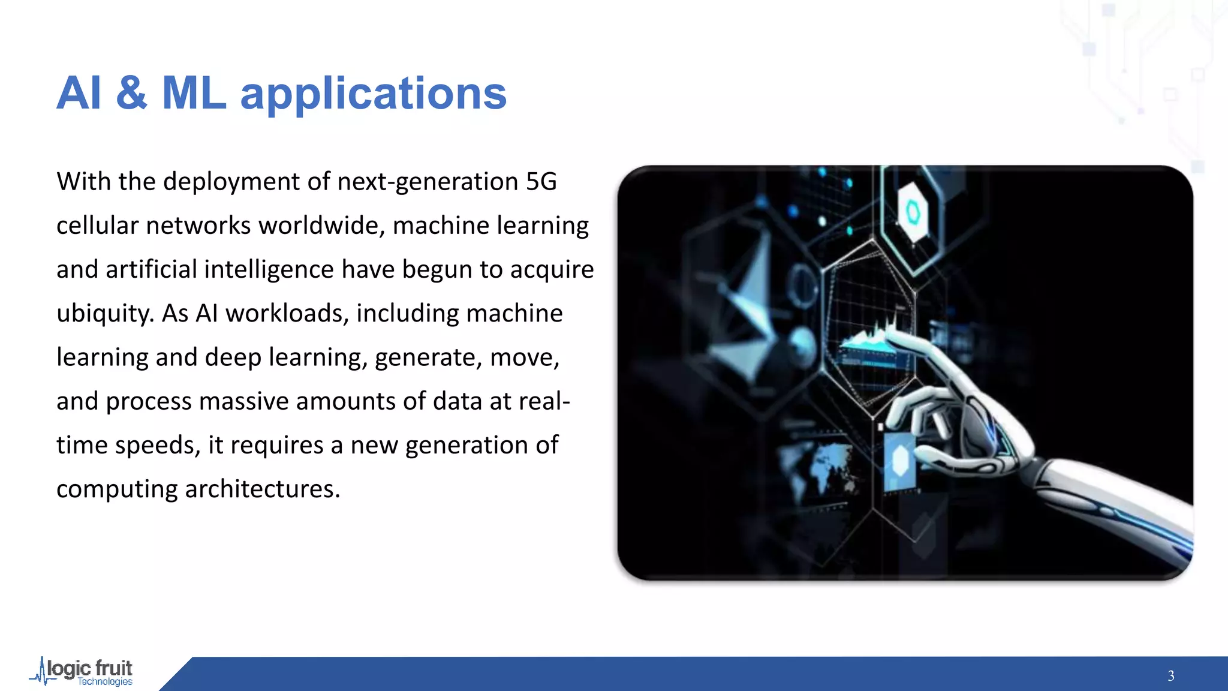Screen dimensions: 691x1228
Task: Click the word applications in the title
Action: click(373, 95)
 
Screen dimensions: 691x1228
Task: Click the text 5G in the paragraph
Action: click(541, 182)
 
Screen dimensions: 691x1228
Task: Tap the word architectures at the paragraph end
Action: click(262, 489)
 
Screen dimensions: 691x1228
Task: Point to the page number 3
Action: click(1170, 676)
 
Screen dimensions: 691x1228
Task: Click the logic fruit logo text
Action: click(90, 668)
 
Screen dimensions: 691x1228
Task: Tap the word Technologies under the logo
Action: click(105, 682)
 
